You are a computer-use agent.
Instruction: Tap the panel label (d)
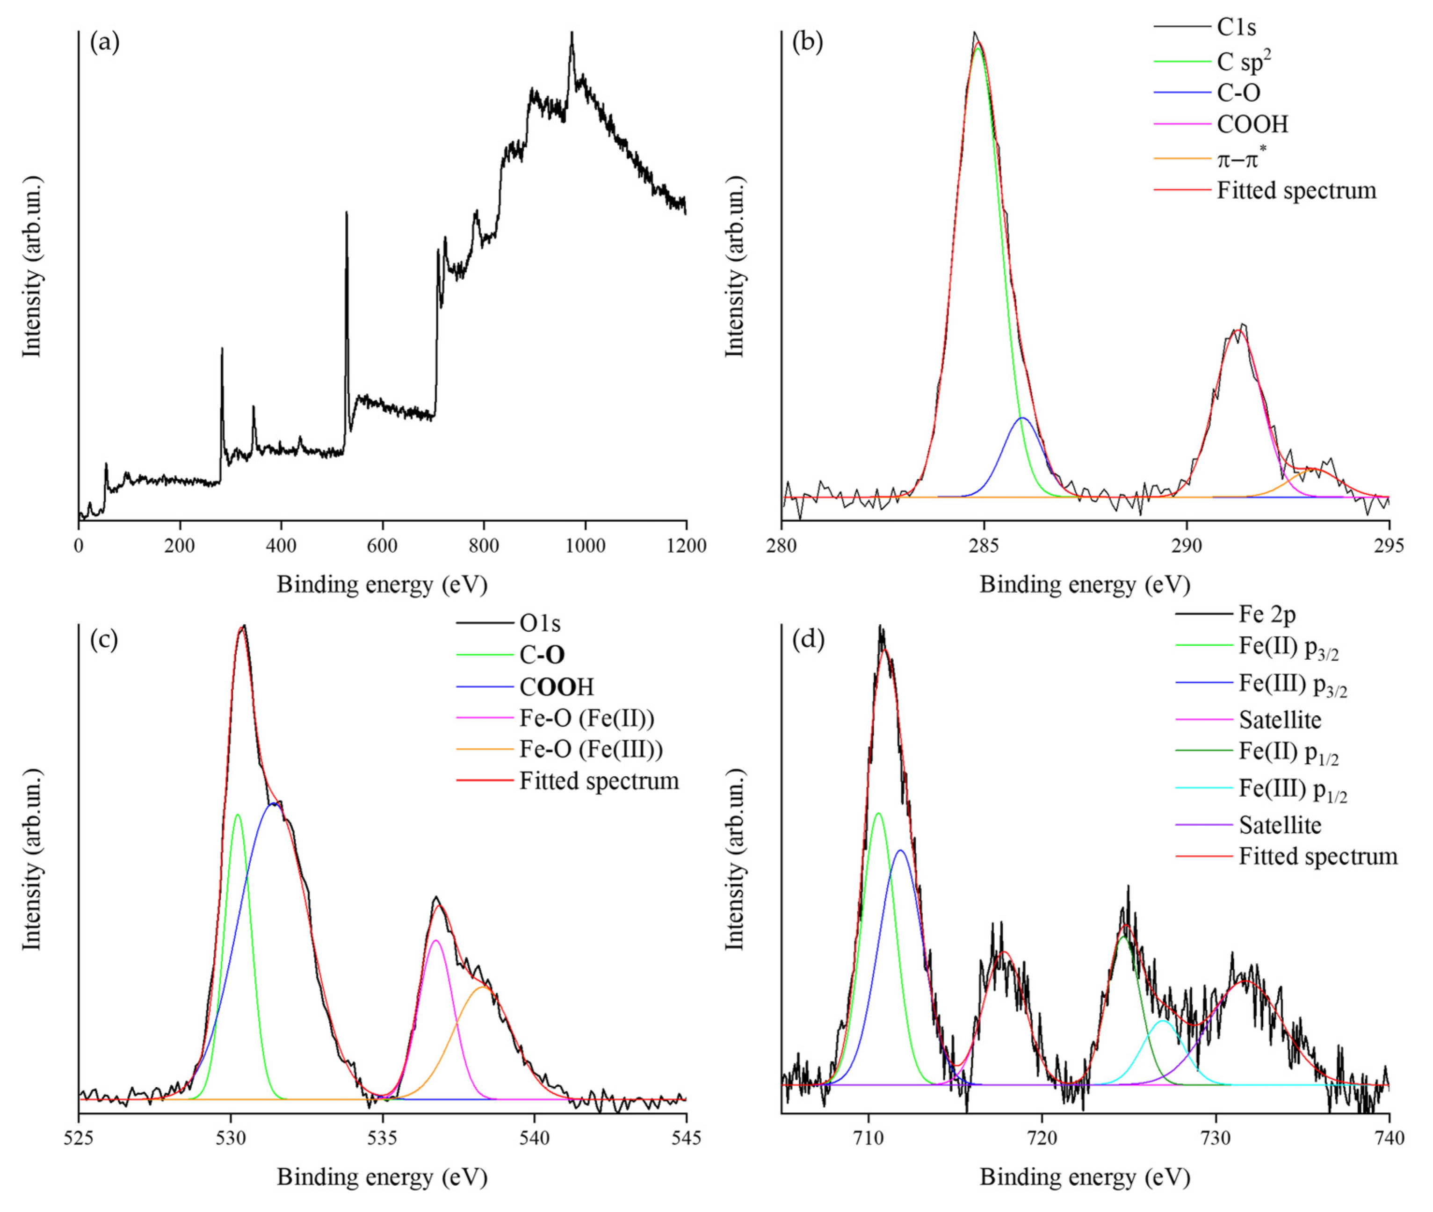pos(808,639)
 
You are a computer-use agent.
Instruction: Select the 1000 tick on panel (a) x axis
pos(585,546)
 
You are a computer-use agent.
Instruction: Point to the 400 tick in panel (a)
pos(281,546)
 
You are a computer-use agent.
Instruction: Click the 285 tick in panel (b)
pos(984,546)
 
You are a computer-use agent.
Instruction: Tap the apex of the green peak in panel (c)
pos(238,815)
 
